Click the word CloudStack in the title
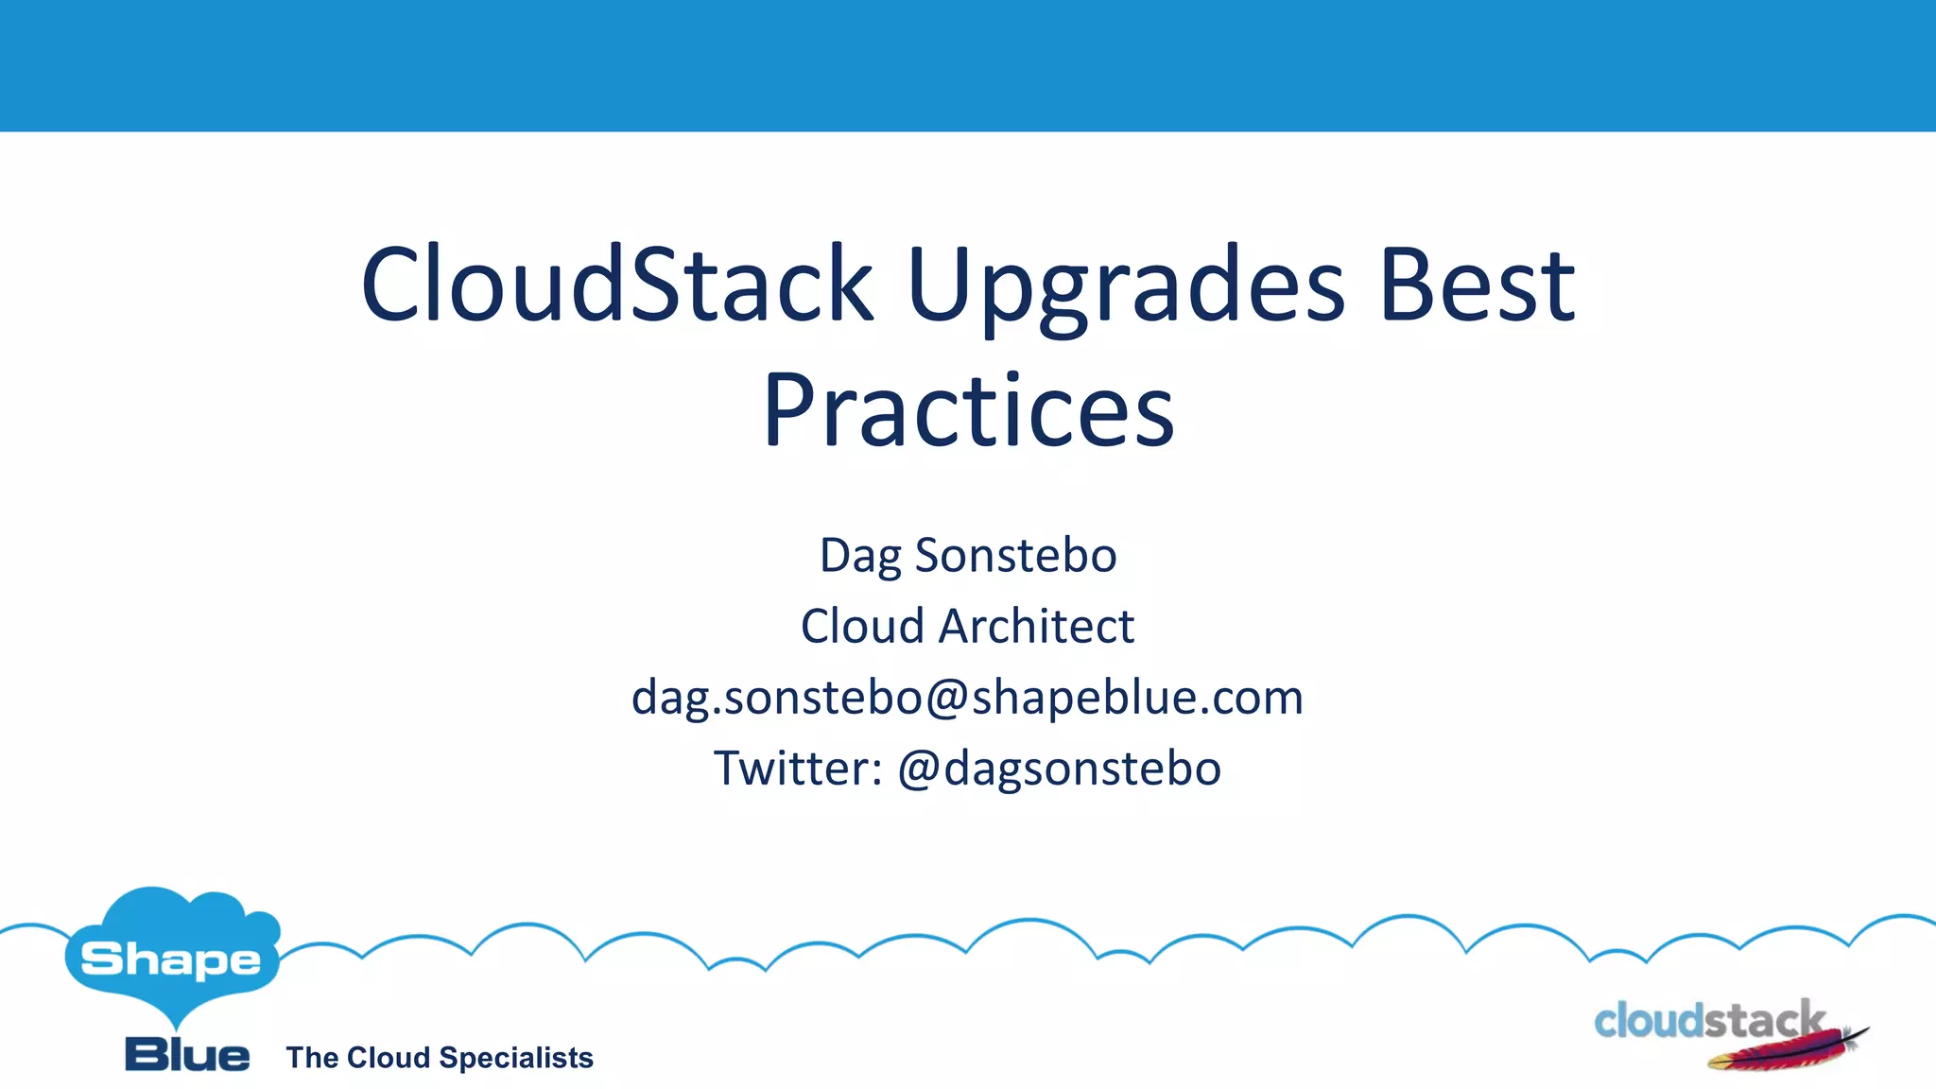coord(616,285)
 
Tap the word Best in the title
coord(1477,285)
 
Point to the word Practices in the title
coord(968,412)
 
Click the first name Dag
coord(860,557)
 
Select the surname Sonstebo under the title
coord(1015,555)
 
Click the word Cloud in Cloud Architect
coord(861,627)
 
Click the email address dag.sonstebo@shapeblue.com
coord(968,699)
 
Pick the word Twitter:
coord(798,768)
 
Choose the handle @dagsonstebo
coord(1059,769)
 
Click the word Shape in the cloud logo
coord(170,960)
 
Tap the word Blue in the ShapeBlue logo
coord(187,1055)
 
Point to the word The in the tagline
coord(312,1058)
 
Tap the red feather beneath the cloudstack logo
coord(1777,1054)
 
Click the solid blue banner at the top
coord(968,64)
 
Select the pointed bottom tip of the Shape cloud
coord(176,1027)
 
